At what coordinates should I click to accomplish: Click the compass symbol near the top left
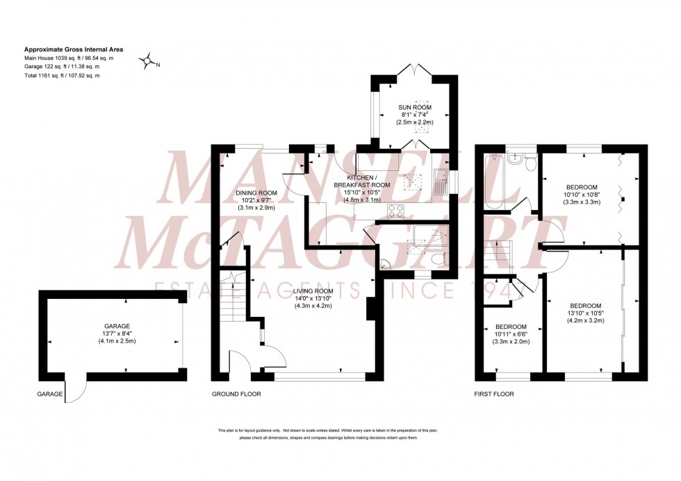pyautogui.click(x=147, y=62)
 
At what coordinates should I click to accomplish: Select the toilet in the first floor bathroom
pyautogui.click(x=532, y=163)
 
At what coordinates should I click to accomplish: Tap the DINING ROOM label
pyautogui.click(x=257, y=193)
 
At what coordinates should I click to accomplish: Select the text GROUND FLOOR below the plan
pyautogui.click(x=238, y=394)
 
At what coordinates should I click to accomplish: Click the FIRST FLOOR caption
pyautogui.click(x=494, y=394)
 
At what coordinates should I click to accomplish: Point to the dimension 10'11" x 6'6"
pyautogui.click(x=511, y=334)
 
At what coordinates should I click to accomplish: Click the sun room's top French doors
pyautogui.click(x=415, y=70)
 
